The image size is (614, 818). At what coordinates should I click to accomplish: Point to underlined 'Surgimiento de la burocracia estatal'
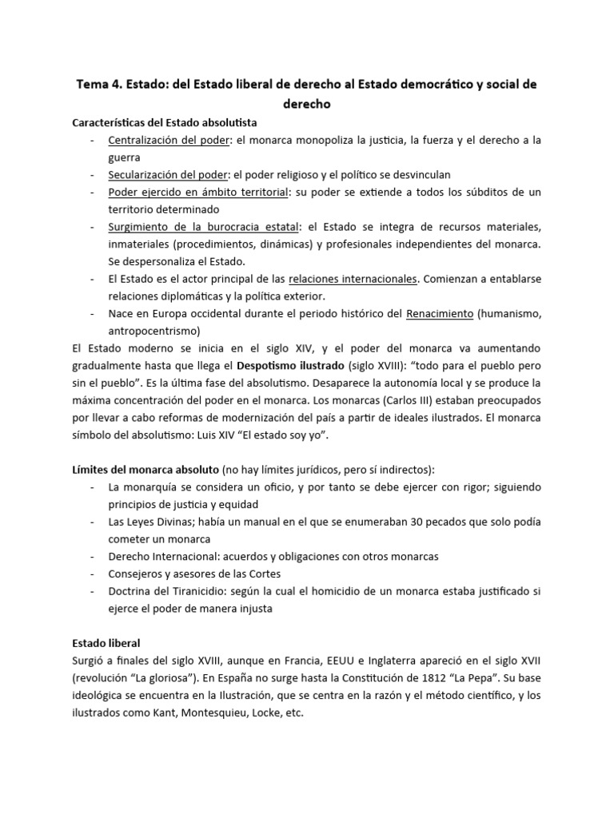pos(204,227)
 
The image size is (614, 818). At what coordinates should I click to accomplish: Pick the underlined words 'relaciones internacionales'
pos(353,279)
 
